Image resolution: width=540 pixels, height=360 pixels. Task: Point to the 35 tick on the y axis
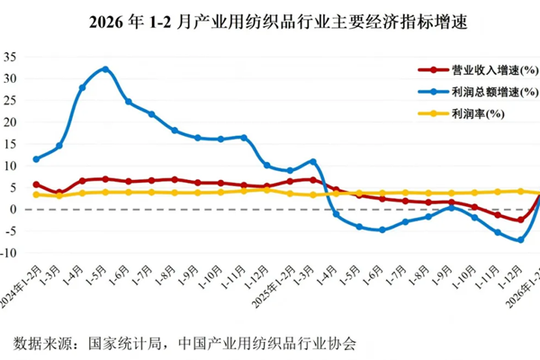click(x=12, y=56)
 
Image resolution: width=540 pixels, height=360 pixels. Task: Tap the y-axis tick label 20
click(x=12, y=121)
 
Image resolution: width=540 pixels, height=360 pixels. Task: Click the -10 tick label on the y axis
click(x=10, y=253)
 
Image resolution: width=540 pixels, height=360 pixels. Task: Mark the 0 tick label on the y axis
click(x=15, y=209)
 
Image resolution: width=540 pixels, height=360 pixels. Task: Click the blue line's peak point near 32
click(x=105, y=69)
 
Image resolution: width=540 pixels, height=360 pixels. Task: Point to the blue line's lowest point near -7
click(x=520, y=239)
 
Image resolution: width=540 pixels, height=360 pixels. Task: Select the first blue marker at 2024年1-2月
click(x=36, y=159)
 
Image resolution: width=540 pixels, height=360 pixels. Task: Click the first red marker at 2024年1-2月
click(x=36, y=184)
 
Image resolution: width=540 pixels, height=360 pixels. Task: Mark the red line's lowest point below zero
click(x=520, y=220)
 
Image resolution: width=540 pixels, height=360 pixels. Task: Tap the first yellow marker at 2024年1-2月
click(x=36, y=194)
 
